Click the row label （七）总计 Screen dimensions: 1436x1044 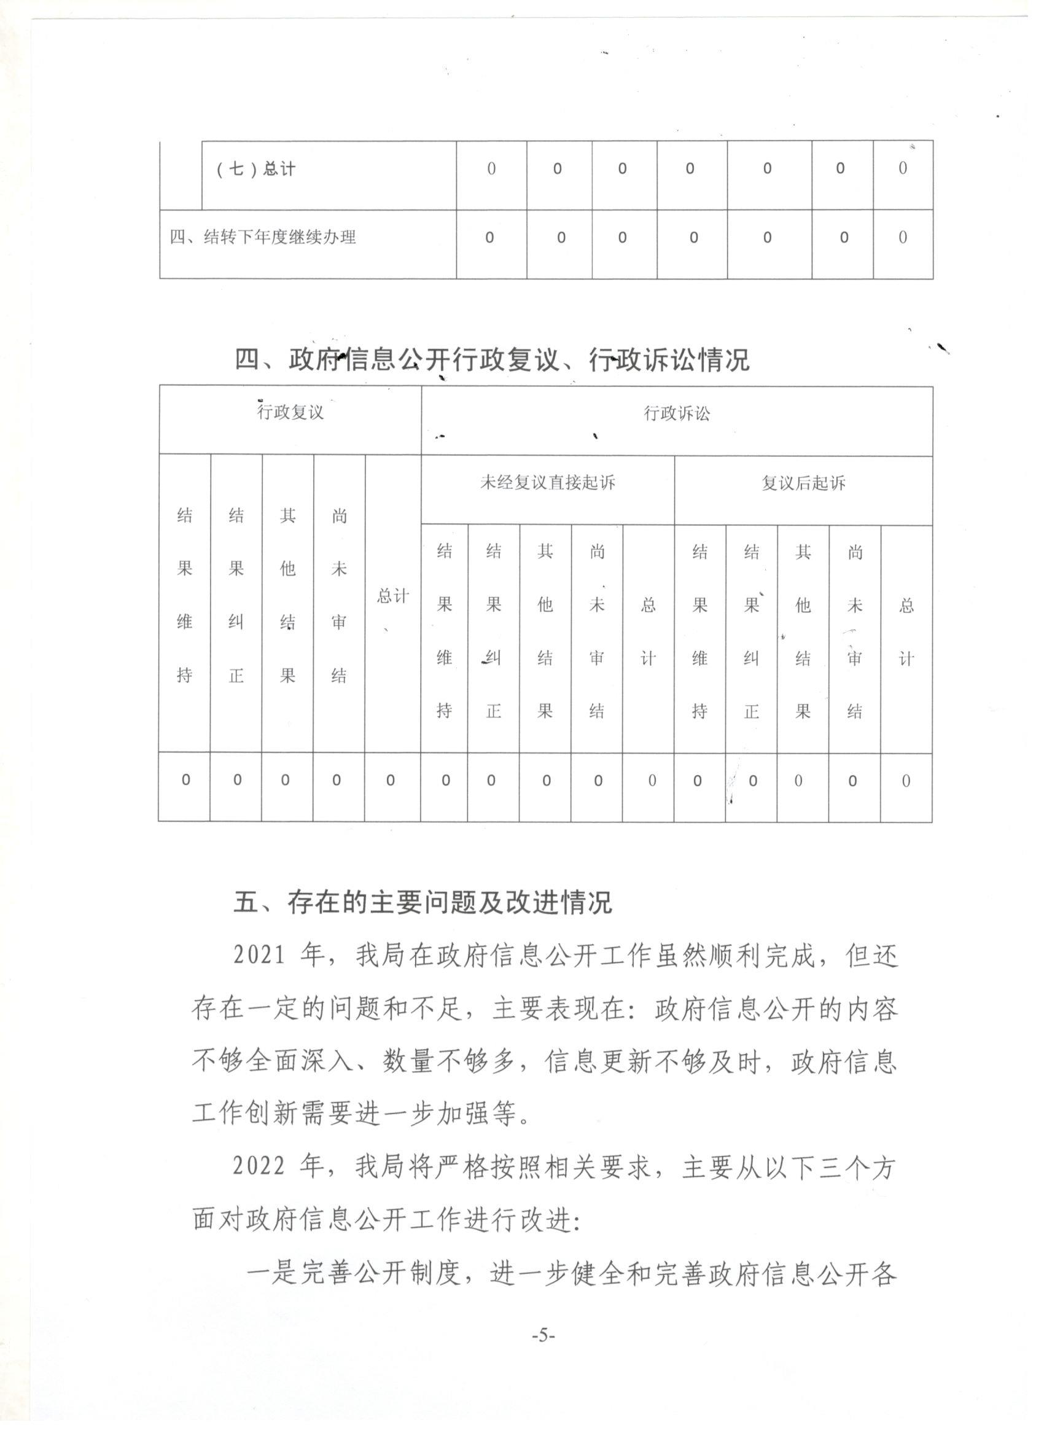pos(255,169)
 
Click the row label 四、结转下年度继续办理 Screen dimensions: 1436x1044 pos(263,238)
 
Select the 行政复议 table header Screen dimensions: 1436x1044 pos(290,413)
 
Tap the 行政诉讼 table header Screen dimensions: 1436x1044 pos(677,414)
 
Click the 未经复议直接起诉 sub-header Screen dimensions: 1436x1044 pos(548,484)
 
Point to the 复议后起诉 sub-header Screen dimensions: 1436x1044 pos(803,484)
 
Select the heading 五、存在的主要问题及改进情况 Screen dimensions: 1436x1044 pos(423,901)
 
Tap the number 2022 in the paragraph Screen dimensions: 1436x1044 pos(259,1165)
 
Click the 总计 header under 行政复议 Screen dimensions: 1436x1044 pos(392,596)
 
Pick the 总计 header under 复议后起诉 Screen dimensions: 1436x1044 pos(906,632)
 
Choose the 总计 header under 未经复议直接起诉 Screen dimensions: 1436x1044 pos(649,632)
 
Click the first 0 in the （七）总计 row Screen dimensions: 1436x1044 pos(491,168)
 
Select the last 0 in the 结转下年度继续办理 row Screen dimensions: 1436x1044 pos(903,238)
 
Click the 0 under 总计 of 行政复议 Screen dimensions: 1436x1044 pos(391,781)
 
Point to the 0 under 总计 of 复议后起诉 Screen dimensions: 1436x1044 pos(906,781)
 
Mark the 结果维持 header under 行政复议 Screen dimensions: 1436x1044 pos(184,595)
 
